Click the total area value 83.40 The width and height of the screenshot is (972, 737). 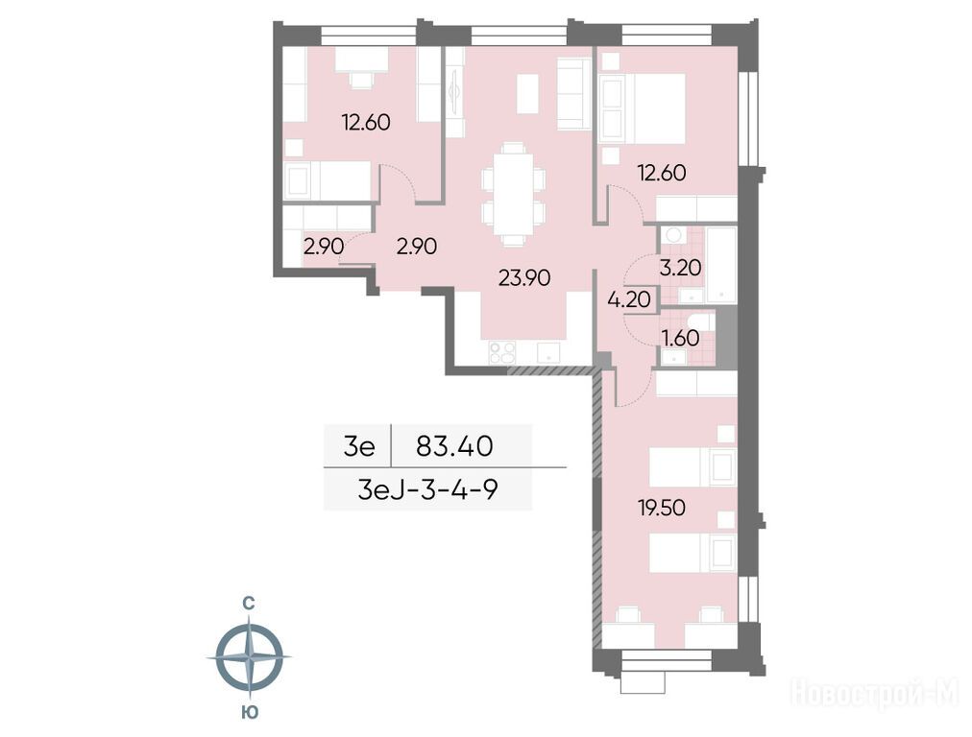point(454,446)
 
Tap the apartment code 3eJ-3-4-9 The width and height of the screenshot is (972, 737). point(427,490)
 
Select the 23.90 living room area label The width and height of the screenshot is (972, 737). point(524,278)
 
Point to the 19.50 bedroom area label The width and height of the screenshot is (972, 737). point(662,508)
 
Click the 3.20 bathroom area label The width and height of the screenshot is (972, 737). point(680,268)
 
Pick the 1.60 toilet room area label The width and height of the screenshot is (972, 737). point(681,338)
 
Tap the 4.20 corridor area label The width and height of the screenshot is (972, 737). point(629,299)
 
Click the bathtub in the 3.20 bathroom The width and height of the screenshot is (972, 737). point(721,265)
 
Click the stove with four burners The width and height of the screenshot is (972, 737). point(502,353)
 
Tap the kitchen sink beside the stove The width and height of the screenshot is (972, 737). point(548,353)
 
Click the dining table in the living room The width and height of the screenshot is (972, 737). point(513,194)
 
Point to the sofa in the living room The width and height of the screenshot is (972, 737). point(573,93)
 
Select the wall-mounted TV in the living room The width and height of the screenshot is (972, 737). point(455,92)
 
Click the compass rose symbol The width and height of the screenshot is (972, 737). point(249,655)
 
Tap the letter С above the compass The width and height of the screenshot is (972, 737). point(248,602)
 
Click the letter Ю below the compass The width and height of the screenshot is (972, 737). point(249,712)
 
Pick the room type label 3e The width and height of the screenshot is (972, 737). point(359,446)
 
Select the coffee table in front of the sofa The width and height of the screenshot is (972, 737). point(527,93)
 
